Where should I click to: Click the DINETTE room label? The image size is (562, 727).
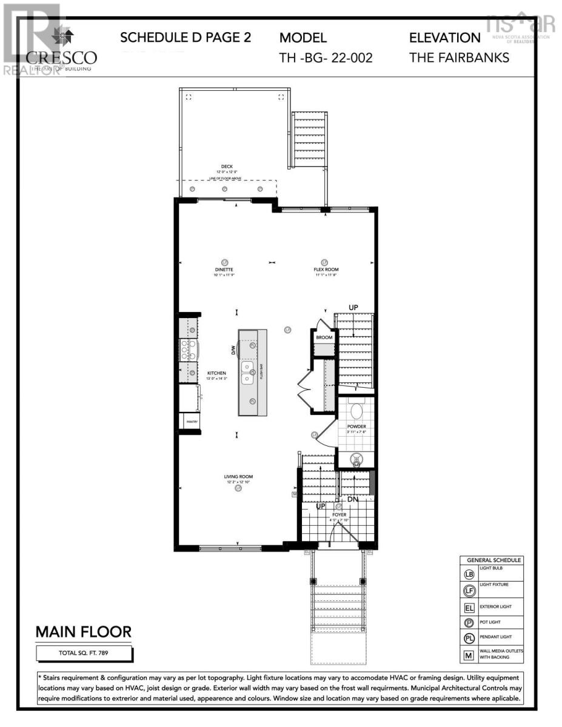tap(224, 270)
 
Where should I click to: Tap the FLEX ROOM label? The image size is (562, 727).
tap(326, 270)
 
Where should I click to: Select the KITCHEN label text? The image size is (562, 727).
tap(216, 373)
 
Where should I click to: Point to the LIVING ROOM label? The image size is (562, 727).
tap(238, 477)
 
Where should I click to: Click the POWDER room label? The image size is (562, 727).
tap(356, 427)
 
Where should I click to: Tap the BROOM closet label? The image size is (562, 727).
tap(324, 337)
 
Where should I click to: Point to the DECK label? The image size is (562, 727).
tap(227, 167)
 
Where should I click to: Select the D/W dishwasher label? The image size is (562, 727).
tap(232, 350)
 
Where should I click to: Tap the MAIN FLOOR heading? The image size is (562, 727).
tap(84, 632)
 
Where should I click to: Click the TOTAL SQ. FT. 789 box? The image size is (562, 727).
tap(84, 653)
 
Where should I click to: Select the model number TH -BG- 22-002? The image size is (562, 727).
tap(326, 58)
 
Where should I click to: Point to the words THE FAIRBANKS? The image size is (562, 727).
tap(459, 58)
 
